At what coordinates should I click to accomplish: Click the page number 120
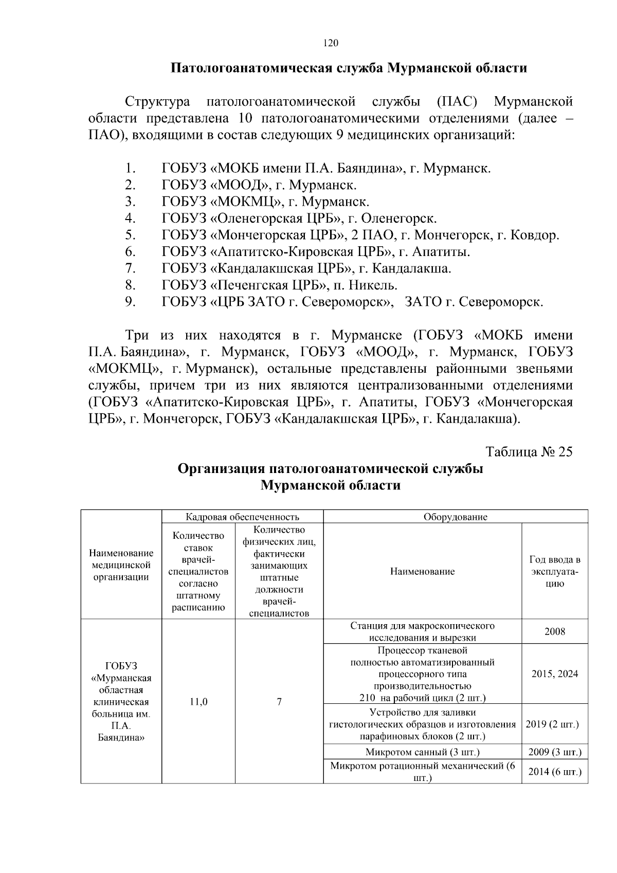331,43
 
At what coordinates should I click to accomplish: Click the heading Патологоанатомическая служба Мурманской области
349,68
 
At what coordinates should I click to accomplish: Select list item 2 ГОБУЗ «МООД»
259,185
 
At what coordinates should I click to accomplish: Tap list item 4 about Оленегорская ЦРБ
299,218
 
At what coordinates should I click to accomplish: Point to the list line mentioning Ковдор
360,235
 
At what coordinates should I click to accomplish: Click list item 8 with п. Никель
279,285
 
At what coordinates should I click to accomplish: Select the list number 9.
130,302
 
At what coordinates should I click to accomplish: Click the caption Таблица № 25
529,451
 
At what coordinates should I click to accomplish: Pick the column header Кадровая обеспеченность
242,517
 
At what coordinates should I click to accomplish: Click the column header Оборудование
455,517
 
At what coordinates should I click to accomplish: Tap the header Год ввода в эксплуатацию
554,571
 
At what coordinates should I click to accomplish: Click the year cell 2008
555,631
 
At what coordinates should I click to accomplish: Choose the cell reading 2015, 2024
555,674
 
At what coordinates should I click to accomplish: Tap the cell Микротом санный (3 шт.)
422,752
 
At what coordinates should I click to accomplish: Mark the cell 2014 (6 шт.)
555,772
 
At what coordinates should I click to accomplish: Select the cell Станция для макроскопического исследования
422,631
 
